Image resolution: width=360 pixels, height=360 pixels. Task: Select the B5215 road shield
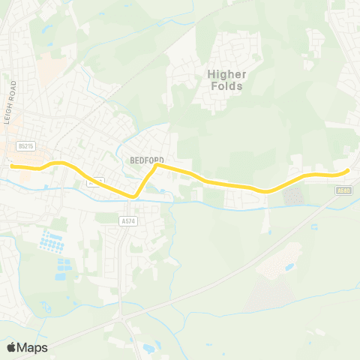click(x=25, y=147)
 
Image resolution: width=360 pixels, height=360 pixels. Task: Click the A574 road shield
click(x=127, y=220)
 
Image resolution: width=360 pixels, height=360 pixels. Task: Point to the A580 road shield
click(x=343, y=191)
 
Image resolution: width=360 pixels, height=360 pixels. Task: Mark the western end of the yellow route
click(x=12, y=167)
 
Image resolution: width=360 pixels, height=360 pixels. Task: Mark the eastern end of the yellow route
click(x=348, y=171)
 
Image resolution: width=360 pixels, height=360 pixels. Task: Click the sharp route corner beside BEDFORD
click(x=155, y=166)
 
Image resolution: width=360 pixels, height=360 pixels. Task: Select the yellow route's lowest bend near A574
click(x=133, y=196)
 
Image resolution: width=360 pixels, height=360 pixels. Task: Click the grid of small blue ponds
click(x=51, y=241)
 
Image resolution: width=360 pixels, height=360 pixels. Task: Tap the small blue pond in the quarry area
click(x=289, y=266)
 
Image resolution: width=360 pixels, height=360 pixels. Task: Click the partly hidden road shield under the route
click(x=93, y=181)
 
